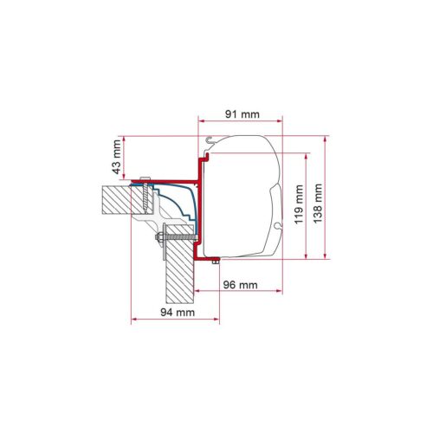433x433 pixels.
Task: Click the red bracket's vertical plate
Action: pyautogui.click(x=201, y=208)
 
